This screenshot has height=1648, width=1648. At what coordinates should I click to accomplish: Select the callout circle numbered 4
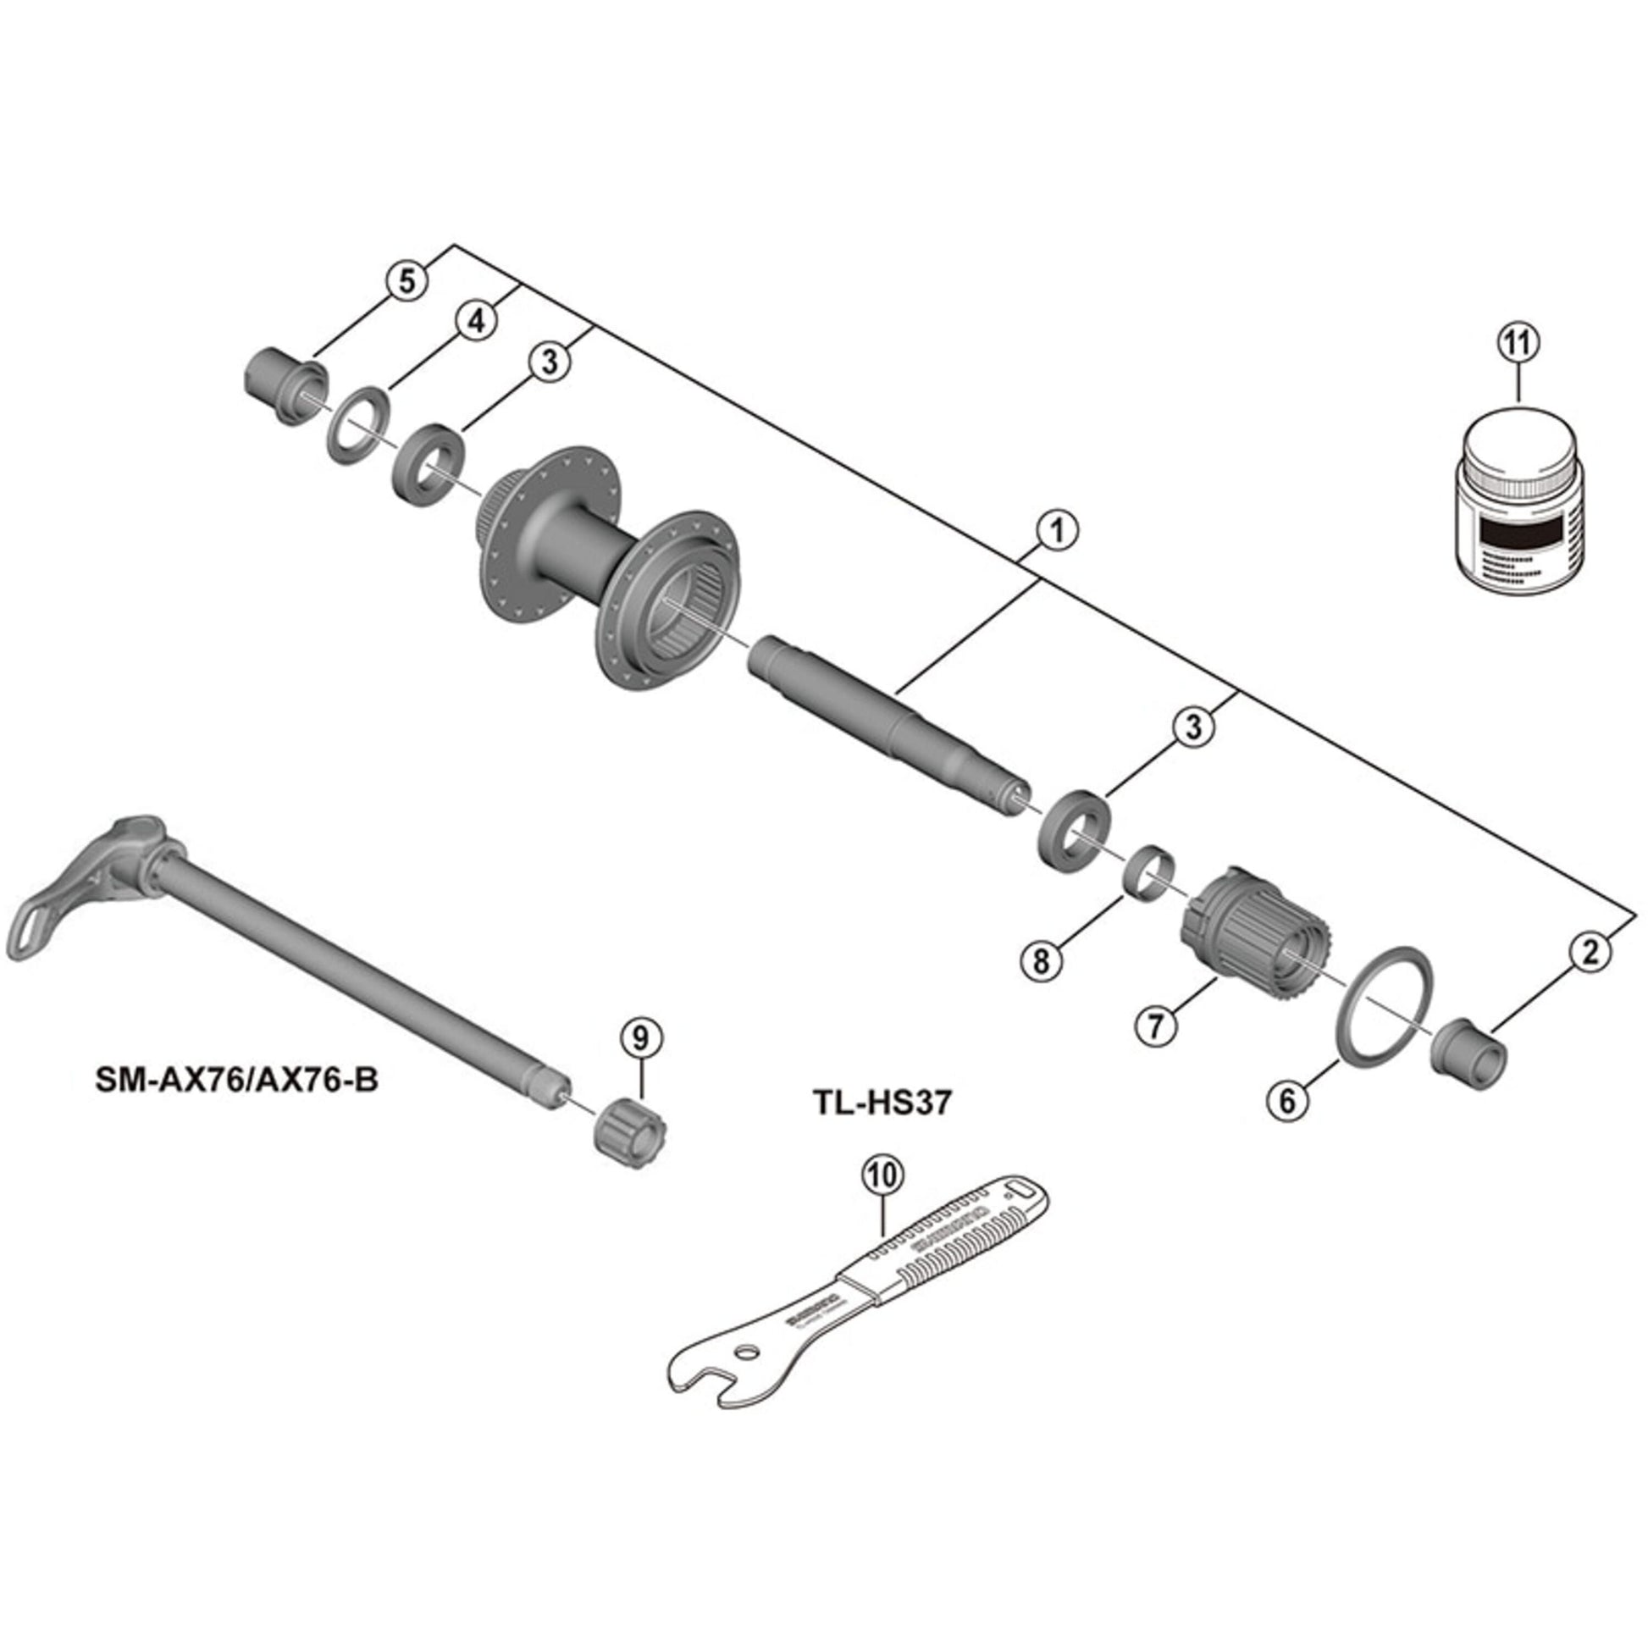[x=476, y=321]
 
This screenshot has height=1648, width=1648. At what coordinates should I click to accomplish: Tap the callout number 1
[x=1058, y=531]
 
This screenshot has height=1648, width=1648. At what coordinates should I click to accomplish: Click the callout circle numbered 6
[x=1287, y=1100]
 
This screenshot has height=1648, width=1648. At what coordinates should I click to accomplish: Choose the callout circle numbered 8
[x=1042, y=962]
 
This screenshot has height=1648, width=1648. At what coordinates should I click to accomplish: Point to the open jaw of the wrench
[x=712, y=1385]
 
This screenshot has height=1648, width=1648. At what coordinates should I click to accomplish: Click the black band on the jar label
[x=1521, y=536]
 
